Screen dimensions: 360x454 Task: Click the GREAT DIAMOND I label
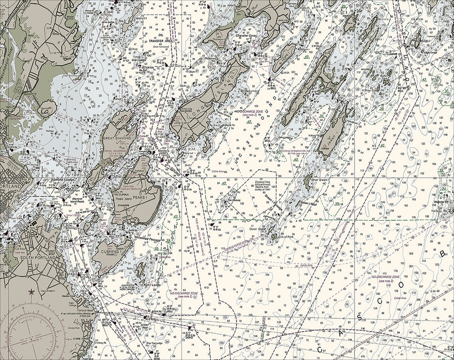[117, 137]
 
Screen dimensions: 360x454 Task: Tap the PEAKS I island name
[140, 197]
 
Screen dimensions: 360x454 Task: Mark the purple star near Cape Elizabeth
[31, 291]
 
